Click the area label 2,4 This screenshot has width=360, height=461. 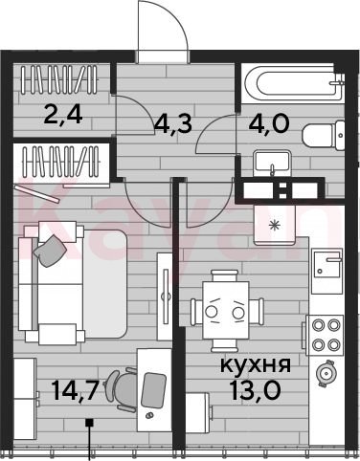(63, 115)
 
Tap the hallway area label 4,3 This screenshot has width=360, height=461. (173, 123)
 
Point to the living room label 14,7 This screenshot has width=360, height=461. (74, 390)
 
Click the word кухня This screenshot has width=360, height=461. (256, 365)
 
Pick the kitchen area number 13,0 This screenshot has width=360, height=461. (255, 390)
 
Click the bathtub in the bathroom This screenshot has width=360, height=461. (293, 83)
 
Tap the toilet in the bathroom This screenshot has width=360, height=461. (323, 136)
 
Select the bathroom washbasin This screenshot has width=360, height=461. (272, 163)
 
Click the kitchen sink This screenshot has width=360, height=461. (327, 263)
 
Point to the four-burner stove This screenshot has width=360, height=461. (325, 335)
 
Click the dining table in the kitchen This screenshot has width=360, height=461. (226, 311)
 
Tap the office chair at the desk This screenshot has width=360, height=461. (123, 389)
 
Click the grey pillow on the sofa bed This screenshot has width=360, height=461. (50, 251)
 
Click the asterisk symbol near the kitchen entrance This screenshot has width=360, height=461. (274, 226)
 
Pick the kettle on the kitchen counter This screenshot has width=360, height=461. (325, 373)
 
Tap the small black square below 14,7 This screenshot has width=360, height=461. (89, 423)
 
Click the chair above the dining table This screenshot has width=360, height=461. (225, 275)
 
